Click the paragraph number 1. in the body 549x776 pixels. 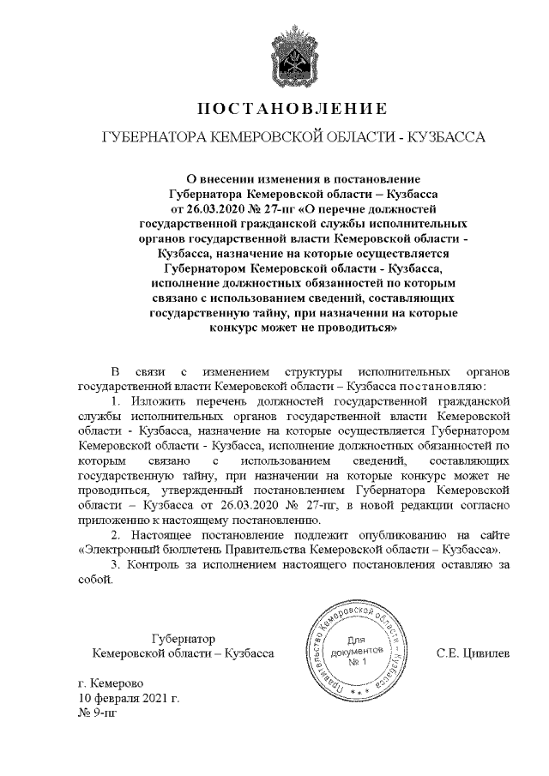click(118, 400)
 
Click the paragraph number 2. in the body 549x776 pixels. click(118, 535)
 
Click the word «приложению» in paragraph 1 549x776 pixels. click(116, 520)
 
